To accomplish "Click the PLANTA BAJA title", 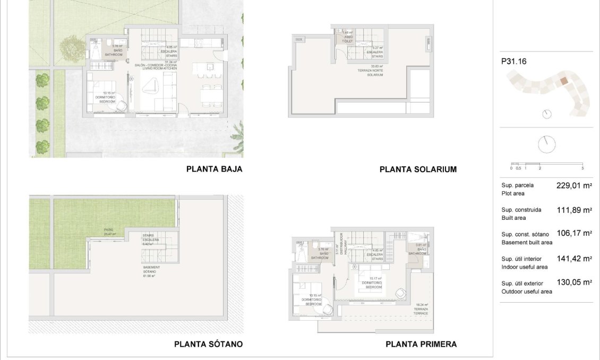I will pos(214,169).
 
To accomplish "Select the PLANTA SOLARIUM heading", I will pos(418,169).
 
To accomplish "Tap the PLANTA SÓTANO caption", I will pos(208,344).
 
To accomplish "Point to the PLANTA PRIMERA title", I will pos(421,344).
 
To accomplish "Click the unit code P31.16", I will pos(513,62).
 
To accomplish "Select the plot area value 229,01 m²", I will pos(574,186).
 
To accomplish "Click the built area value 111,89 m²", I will pos(574,210).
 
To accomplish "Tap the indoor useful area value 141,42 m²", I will pos(574,259).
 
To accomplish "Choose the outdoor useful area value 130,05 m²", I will pos(574,282).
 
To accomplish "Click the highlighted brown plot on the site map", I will pos(564,81).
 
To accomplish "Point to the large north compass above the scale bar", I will pos(547,143).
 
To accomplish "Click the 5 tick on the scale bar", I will pos(582,168).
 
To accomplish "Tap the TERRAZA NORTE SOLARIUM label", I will pos(374,72).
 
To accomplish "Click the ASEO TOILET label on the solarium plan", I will pos(348,37).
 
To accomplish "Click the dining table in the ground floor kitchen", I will pos(211,96).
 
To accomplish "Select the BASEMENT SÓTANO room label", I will pos(149,271).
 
